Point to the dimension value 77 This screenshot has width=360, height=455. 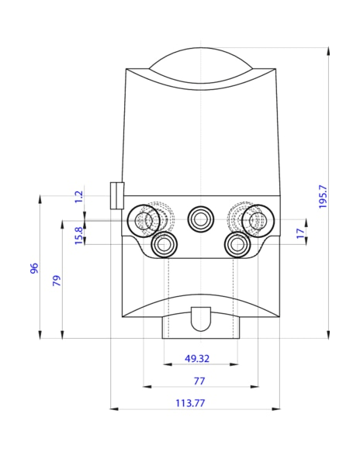click(199, 380)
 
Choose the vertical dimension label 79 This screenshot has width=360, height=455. click(56, 281)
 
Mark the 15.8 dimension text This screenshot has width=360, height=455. click(78, 235)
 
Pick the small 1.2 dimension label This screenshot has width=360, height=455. click(78, 197)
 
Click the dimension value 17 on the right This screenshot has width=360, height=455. click(300, 233)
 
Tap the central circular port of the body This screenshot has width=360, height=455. click(200, 219)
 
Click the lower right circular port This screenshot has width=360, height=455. click(237, 245)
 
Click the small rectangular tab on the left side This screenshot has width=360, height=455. click(117, 195)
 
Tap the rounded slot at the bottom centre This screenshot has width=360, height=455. click(200, 317)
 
